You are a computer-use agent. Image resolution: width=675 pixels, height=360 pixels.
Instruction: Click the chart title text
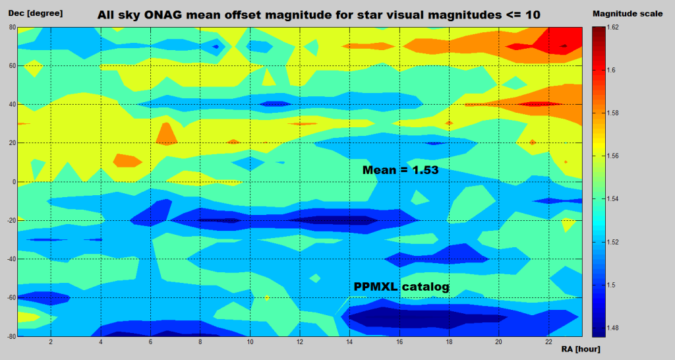point(319,14)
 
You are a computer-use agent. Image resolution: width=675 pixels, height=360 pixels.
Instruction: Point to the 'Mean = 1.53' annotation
point(401,170)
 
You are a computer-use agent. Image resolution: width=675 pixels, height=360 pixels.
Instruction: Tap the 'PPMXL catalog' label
point(401,287)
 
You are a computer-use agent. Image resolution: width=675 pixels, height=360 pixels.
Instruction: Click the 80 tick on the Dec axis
point(11,27)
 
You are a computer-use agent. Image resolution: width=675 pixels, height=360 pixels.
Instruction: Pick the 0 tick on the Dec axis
point(13,182)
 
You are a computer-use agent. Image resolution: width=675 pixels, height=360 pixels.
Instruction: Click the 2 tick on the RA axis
point(50,343)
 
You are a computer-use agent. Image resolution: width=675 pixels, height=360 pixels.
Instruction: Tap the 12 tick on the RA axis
point(299,343)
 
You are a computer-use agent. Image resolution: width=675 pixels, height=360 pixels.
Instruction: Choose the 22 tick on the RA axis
point(548,343)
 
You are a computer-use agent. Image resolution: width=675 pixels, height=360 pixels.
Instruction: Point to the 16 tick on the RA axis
point(399,343)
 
